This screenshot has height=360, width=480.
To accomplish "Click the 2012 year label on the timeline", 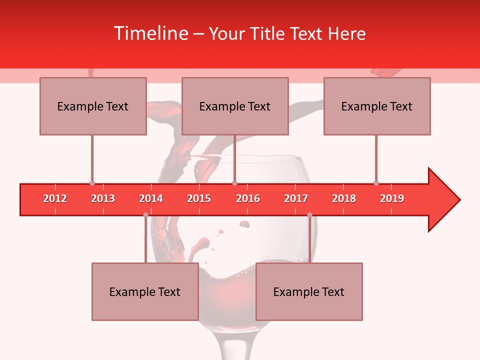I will pyautogui.click(x=55, y=198).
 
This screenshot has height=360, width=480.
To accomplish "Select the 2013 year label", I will pyautogui.click(x=103, y=198).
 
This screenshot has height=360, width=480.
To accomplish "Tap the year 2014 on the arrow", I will pyautogui.click(x=151, y=198).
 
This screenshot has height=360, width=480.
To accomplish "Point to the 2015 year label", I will pyautogui.click(x=199, y=198).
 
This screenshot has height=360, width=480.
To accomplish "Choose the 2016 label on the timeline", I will pyautogui.click(x=248, y=198).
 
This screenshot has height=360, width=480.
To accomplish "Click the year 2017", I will pyautogui.click(x=296, y=198).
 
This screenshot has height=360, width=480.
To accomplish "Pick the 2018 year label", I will pyautogui.click(x=344, y=198).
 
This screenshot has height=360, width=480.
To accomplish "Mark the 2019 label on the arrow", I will pyautogui.click(x=392, y=198).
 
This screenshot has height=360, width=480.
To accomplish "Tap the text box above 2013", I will pyautogui.click(x=93, y=106).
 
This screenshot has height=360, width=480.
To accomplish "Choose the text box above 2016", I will pyautogui.click(x=235, y=106).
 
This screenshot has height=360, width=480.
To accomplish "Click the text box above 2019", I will pyautogui.click(x=377, y=106).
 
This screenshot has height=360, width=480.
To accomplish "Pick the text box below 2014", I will pyautogui.click(x=145, y=291).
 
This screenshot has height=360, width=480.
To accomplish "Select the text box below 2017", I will pyautogui.click(x=309, y=291).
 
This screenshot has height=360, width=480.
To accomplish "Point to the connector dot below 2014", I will pyautogui.click(x=145, y=215).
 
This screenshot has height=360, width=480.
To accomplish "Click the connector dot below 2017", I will pyautogui.click(x=309, y=215).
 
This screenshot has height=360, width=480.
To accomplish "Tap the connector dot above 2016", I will pyautogui.click(x=234, y=183).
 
